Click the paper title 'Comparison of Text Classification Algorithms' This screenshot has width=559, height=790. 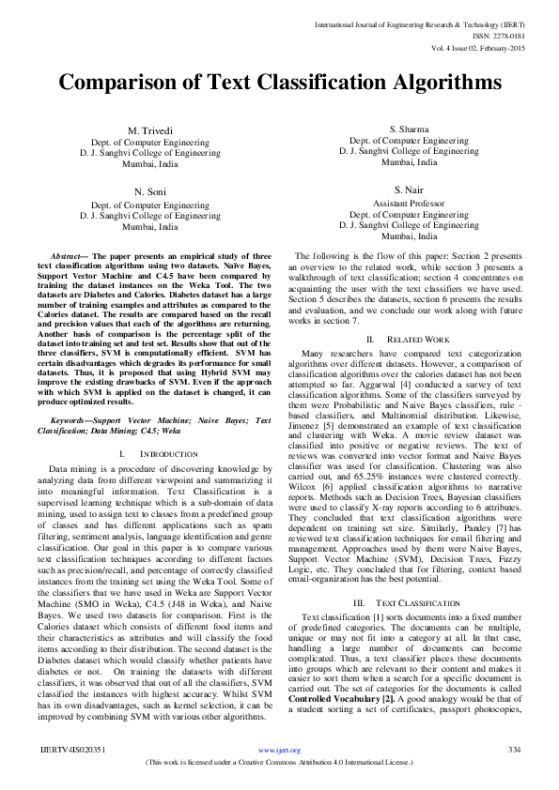pyautogui.click(x=279, y=83)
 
